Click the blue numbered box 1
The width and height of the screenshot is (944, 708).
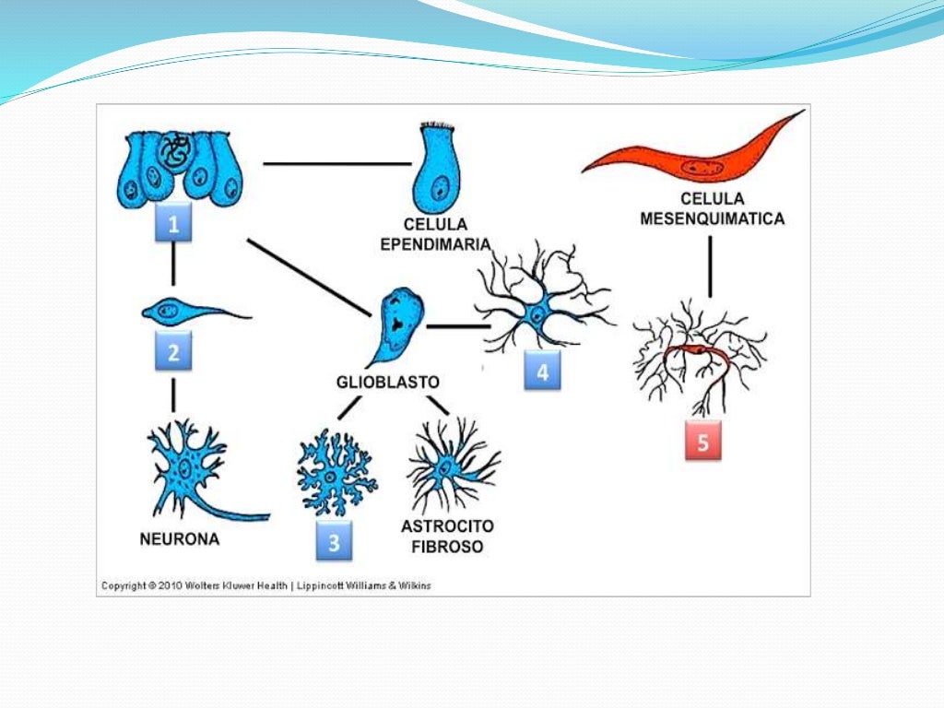[x=174, y=223]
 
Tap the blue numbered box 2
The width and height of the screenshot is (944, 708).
[x=174, y=351]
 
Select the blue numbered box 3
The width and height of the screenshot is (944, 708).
[x=334, y=543]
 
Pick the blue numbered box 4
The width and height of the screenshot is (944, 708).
[x=542, y=372]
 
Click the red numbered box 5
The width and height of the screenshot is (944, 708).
[x=702, y=442]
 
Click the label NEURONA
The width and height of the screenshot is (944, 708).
[x=180, y=539]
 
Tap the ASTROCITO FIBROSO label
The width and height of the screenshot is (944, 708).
[x=447, y=536]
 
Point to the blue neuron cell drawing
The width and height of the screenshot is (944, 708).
[x=194, y=470]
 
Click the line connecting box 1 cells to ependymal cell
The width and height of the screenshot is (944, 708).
[x=336, y=164]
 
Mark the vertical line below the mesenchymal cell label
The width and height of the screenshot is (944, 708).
[x=710, y=266]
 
